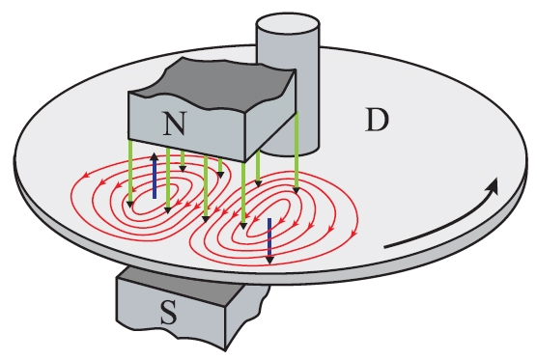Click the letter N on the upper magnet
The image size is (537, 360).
click(175, 124)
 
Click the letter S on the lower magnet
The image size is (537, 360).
click(169, 313)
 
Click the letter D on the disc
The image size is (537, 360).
click(377, 120)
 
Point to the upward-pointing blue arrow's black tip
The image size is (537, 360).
click(155, 156)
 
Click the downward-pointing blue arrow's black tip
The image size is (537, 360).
click(269, 260)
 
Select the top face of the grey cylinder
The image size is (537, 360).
click(288, 25)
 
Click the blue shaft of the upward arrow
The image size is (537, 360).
click(155, 180)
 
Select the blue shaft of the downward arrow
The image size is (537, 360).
click(269, 237)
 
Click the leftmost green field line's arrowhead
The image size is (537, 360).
click(129, 204)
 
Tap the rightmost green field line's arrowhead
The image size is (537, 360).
click(297, 190)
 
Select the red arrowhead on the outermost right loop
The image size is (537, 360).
click(354, 235)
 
